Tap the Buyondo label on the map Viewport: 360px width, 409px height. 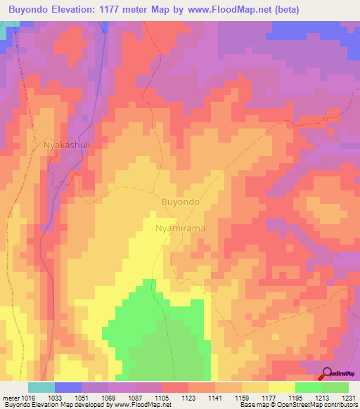[181, 202]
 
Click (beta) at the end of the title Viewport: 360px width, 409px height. [286, 10]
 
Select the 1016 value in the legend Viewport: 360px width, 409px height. [27, 398]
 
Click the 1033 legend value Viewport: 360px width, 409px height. [54, 398]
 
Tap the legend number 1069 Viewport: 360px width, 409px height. [108, 398]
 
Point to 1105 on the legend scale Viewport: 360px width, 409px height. [161, 398]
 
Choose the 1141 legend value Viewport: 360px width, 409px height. [214, 398]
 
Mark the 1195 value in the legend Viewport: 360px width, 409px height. [295, 398]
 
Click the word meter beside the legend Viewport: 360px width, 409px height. [11, 398]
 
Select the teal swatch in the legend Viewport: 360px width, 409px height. [41, 387]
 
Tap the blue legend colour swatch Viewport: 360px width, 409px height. [67, 387]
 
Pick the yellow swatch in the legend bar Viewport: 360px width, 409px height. [281, 387]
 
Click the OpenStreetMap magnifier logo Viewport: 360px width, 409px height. [327, 375]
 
